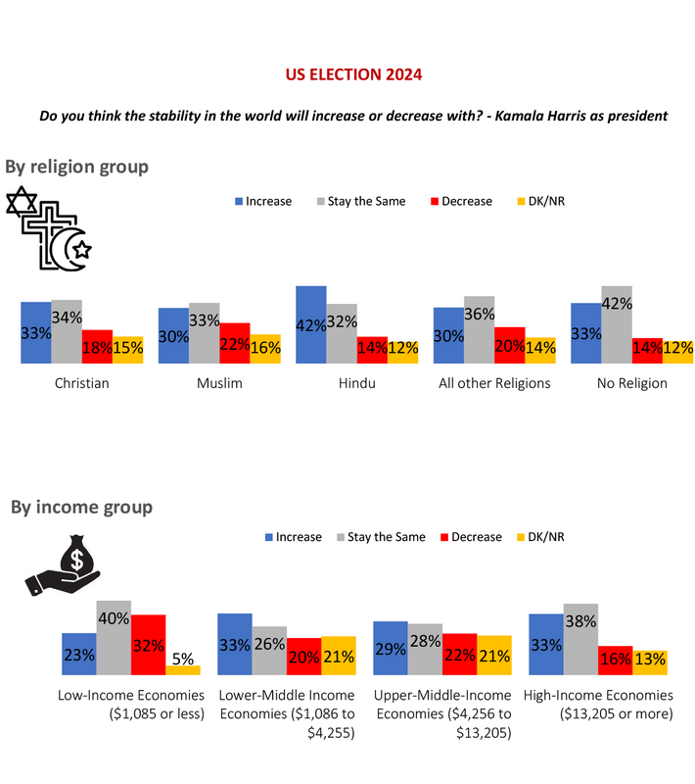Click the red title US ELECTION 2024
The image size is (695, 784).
pyautogui.click(x=354, y=74)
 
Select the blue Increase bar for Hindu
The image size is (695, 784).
pyautogui.click(x=311, y=324)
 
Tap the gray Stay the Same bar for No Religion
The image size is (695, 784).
pyautogui.click(x=617, y=324)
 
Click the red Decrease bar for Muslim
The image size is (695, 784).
pyautogui.click(x=235, y=343)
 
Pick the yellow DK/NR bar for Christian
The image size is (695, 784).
pyautogui.click(x=128, y=350)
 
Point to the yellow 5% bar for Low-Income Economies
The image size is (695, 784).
pyautogui.click(x=182, y=669)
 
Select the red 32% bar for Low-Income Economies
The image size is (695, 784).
pyautogui.click(x=148, y=644)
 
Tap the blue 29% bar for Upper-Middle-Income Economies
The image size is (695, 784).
pyautogui.click(x=391, y=648)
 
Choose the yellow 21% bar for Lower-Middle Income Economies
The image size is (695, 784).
pyautogui.click(x=339, y=655)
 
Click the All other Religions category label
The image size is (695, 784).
pyautogui.click(x=494, y=383)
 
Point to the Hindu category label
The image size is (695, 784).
pyautogui.click(x=357, y=383)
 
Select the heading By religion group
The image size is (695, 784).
pyautogui.click(x=77, y=167)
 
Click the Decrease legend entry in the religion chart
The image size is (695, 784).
pyautogui.click(x=460, y=201)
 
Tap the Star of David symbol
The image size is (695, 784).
pyautogui.click(x=22, y=204)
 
